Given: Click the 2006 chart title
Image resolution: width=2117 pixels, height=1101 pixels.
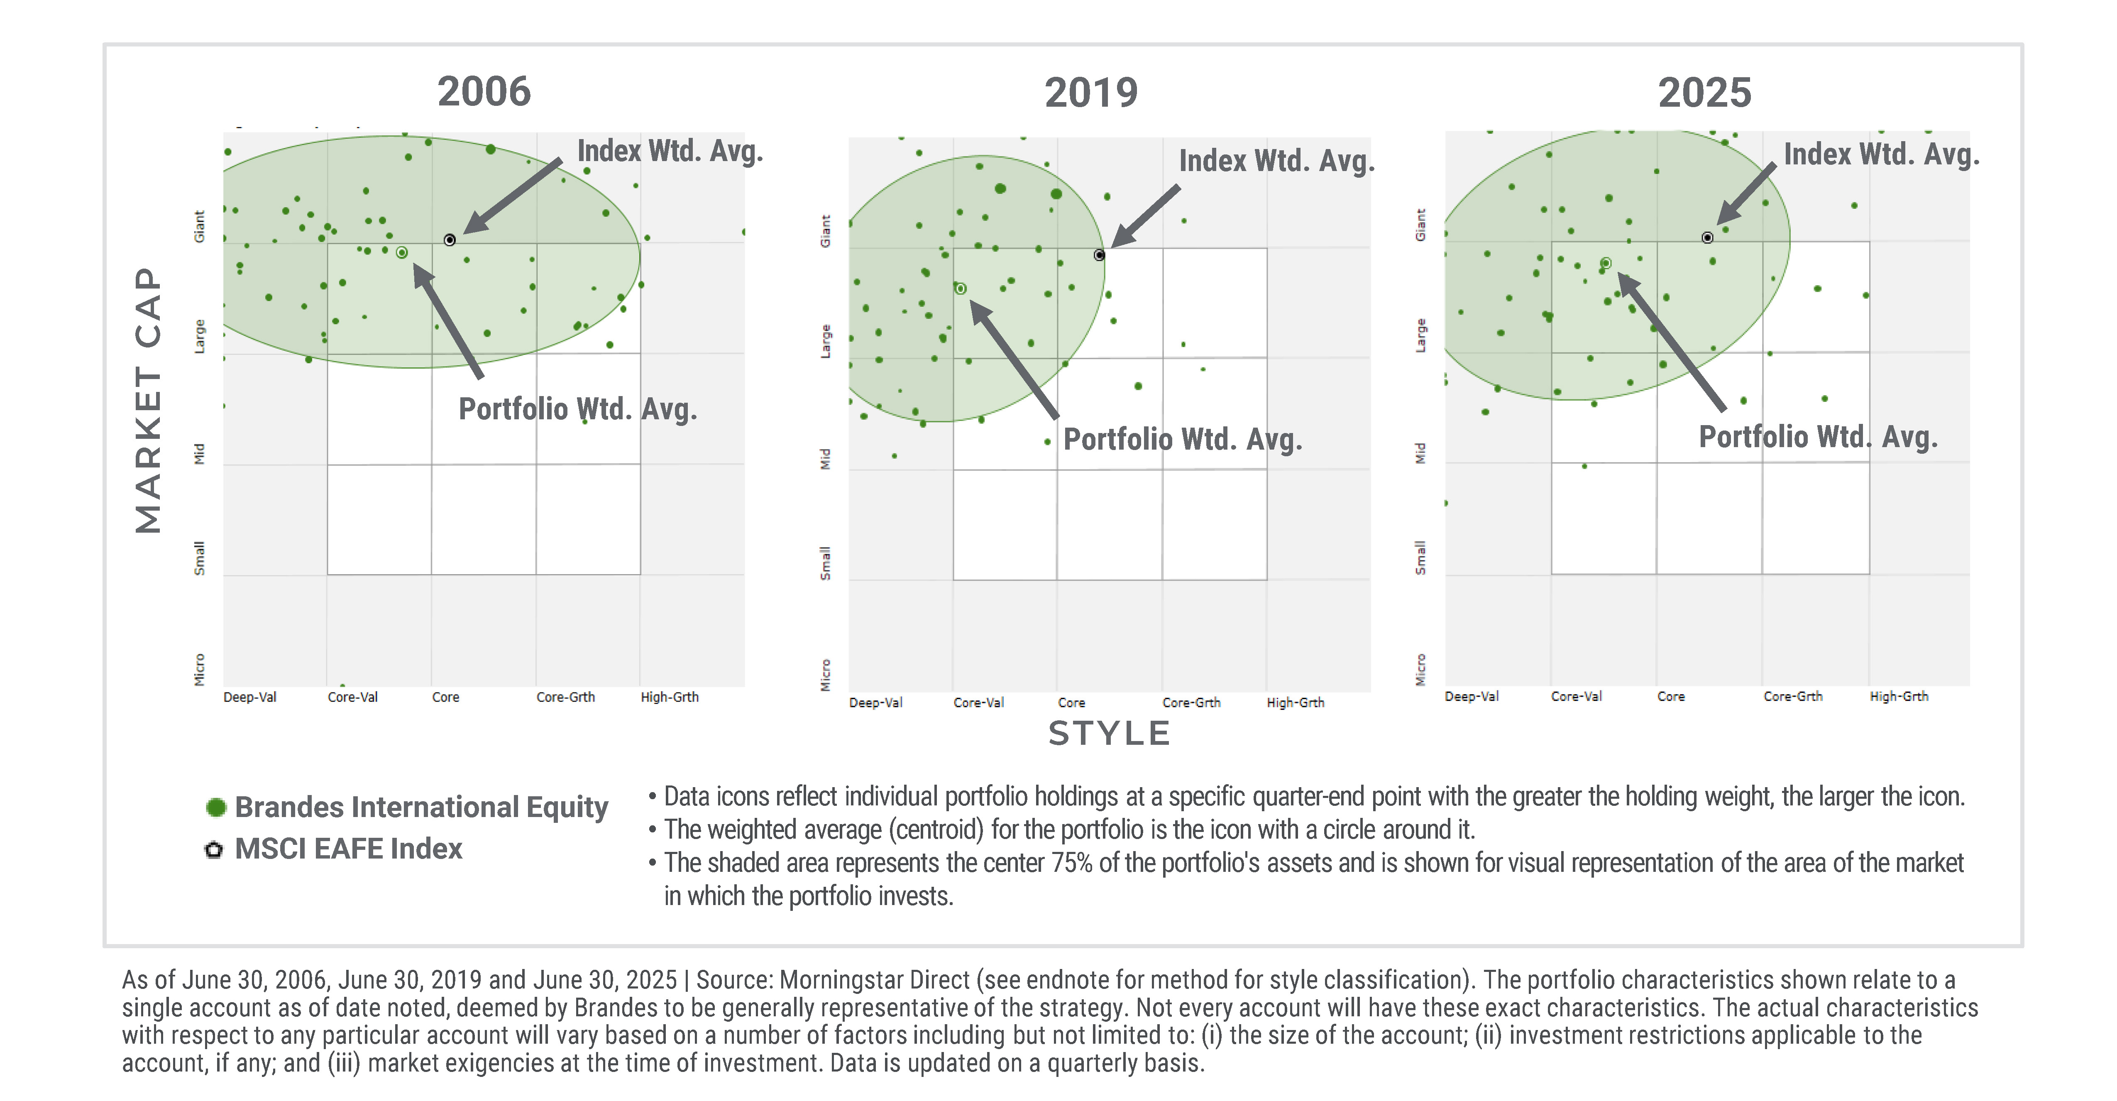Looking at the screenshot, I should pyautogui.click(x=484, y=91).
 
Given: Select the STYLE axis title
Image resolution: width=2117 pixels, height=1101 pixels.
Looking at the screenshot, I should pyautogui.click(x=1109, y=733).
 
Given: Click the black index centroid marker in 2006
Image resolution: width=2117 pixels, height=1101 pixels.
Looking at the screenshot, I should pyautogui.click(x=450, y=240).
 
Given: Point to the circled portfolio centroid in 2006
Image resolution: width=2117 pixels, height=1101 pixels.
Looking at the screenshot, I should pyautogui.click(x=402, y=252).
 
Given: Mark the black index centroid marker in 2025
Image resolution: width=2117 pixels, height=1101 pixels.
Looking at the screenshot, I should pyautogui.click(x=1708, y=237).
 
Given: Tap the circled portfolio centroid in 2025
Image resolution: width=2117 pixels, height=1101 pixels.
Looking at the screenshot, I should pyautogui.click(x=1606, y=263).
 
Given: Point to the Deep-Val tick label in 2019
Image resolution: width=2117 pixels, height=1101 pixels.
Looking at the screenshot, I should pyautogui.click(x=875, y=702).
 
